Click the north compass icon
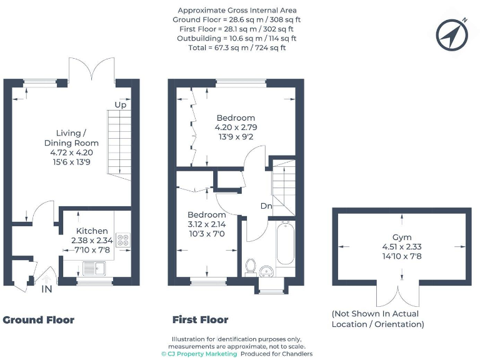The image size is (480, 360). (452, 34)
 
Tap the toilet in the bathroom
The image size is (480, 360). (251, 266)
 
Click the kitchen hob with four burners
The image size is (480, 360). (123, 239)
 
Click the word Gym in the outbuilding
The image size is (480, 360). (402, 237)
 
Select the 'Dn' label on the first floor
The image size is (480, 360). (266, 205)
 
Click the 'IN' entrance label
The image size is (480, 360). (47, 289)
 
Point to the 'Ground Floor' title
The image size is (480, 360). (39, 320)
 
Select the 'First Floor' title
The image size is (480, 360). (200, 320)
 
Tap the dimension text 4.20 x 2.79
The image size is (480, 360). (236, 127)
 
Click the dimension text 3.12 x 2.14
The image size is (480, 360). (207, 224)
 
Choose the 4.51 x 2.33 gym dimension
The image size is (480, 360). (402, 247)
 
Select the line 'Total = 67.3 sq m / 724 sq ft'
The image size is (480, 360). (236, 47)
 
